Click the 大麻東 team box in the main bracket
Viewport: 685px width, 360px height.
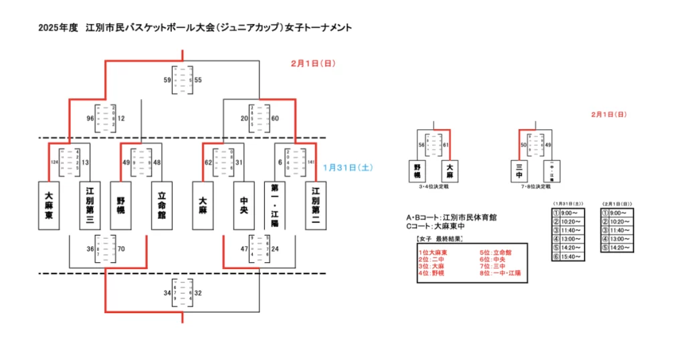[49, 205]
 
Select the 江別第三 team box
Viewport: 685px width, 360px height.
[90, 205]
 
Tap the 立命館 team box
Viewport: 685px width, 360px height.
[161, 205]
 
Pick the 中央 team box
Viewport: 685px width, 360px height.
[244, 205]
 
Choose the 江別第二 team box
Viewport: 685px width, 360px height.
[316, 205]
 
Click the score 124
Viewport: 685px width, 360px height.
[53, 162]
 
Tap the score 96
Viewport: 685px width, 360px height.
[90, 118]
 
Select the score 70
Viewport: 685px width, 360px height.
[121, 249]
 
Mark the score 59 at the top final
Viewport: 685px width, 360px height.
[167, 80]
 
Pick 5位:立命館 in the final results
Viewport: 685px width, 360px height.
[495, 252]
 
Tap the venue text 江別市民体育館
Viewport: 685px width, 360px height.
[469, 217]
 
